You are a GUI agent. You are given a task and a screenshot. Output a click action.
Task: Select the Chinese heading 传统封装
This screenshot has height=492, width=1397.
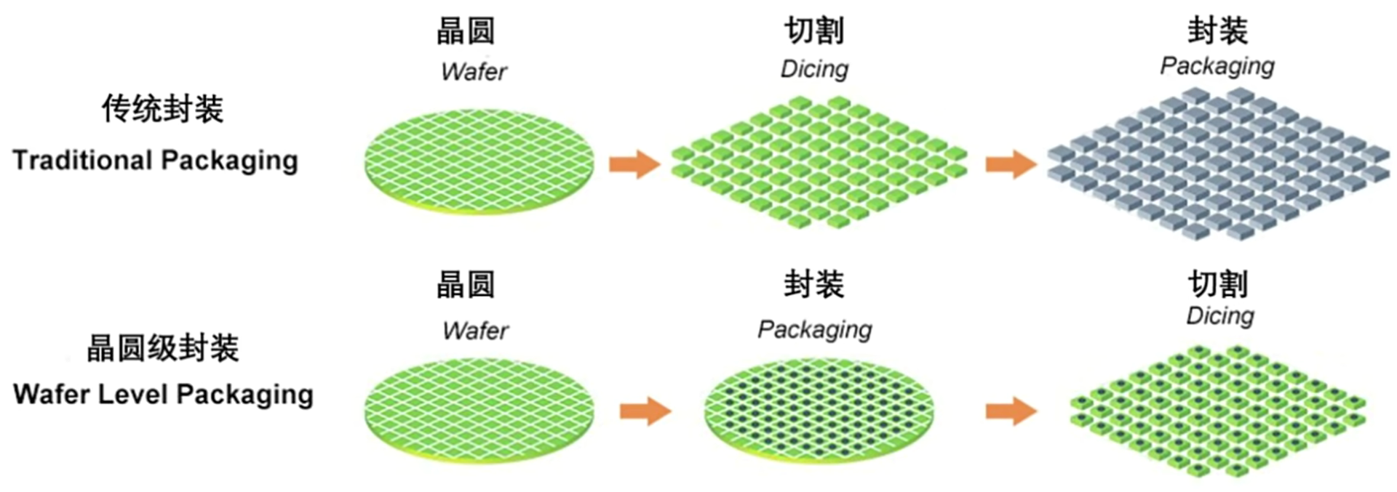coord(162,109)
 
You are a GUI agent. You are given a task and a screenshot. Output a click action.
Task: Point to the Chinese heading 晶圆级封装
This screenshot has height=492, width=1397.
coord(162,348)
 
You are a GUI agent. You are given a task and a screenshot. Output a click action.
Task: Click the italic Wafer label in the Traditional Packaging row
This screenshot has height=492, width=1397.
coord(474,71)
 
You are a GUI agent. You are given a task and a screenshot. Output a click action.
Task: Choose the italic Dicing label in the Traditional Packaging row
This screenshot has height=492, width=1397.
coord(814,69)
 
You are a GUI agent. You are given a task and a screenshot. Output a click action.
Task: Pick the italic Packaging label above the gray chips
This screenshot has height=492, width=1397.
coord(1217,66)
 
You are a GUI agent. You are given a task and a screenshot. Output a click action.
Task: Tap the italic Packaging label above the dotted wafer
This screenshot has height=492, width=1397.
coord(814,329)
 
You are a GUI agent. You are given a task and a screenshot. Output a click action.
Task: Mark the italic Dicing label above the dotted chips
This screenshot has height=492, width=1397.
coord(1219,315)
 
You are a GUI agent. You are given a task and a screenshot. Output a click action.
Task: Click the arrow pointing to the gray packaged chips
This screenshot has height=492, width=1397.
coord(1011,164)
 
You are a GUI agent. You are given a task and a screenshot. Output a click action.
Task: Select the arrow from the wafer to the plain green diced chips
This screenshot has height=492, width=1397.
coord(634,164)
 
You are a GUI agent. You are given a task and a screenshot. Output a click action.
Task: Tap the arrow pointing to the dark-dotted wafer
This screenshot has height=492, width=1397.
coord(645,411)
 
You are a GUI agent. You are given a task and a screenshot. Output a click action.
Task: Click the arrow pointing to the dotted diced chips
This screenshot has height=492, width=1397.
coord(1011,411)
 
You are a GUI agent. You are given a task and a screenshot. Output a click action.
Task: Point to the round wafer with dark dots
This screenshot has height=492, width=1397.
coord(819,411)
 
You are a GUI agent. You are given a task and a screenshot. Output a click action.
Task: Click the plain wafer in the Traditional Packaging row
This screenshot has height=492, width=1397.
coord(479,161)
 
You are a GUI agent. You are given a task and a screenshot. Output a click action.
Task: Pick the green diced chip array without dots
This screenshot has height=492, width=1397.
coord(819,163)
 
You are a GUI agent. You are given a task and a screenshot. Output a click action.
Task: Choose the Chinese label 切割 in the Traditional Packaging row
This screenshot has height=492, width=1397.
coord(813,31)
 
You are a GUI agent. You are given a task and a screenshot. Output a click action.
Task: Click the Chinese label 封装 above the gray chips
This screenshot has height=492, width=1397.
coord(1217,31)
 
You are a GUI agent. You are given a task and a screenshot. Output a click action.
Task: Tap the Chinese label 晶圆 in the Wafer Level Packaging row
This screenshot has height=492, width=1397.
coord(466,284)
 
